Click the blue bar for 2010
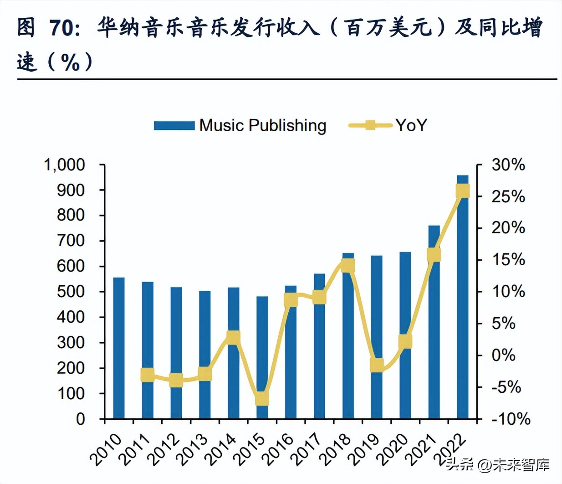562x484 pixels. click(119, 348)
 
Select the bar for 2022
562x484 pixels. click(462, 296)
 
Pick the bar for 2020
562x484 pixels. click(405, 335)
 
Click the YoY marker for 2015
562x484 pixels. click(262, 398)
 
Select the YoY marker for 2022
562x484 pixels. click(462, 191)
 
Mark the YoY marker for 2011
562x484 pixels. click(148, 375)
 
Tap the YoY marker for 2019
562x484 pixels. click(377, 365)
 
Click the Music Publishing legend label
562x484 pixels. click(263, 125)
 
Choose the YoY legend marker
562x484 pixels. click(370, 125)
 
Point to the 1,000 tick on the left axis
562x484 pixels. click(64, 165)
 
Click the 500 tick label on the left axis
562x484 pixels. click(71, 291)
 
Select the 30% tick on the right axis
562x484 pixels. click(508, 165)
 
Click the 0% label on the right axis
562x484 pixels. click(503, 355)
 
